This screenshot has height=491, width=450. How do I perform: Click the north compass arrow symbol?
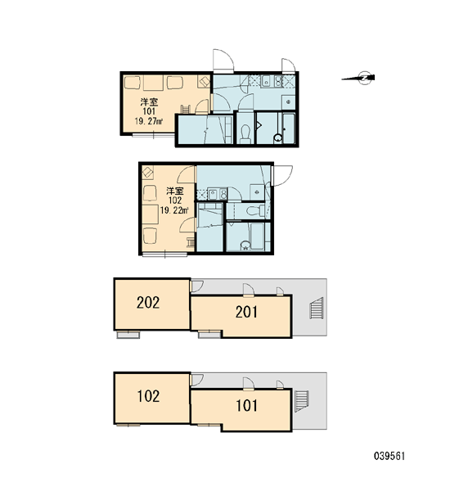coord(358,78)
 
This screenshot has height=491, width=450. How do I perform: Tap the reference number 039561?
coord(389,456)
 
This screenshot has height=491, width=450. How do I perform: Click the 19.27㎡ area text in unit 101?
coord(149,121)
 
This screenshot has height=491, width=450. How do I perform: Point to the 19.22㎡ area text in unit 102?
coord(174,210)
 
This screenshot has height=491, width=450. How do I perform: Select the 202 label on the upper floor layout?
coord(148,303)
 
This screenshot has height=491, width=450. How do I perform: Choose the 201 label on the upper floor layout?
coord(247,312)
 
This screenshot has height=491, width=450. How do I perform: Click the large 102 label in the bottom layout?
coord(148,396)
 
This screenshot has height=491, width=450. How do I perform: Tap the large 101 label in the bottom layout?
coord(247,406)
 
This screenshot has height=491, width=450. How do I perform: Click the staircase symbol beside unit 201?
coord(317,309)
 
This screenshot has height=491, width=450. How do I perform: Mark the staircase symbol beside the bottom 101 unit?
coord(302,402)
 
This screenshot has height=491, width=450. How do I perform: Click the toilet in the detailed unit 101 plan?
coord(245,133)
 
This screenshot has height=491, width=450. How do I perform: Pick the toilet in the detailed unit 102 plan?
coord(255,211)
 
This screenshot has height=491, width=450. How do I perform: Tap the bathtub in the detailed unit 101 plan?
coord(289,128)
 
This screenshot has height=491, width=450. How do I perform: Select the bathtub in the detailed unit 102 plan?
coord(257,236)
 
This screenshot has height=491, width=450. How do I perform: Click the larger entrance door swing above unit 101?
coord(223,61)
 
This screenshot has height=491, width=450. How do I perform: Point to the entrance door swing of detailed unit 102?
coord(283,176)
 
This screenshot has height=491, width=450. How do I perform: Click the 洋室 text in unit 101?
coord(149,102)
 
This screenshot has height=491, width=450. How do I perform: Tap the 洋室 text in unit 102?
coord(175,191)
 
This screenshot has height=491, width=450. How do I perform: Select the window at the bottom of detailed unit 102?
coord(164,255)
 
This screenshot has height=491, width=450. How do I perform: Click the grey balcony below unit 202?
coord(128,335)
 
